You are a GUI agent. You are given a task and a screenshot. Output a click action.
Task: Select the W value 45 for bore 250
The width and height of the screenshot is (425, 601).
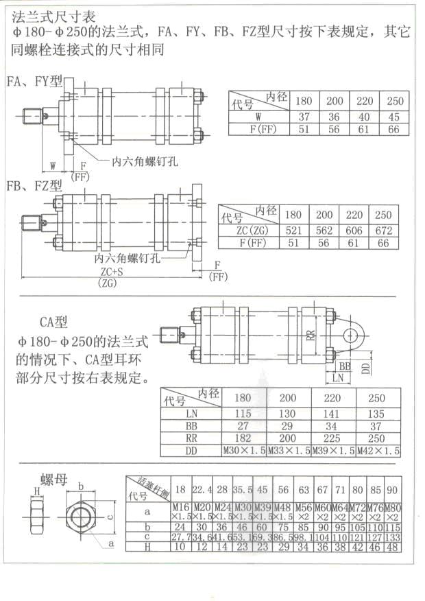(x=393, y=117)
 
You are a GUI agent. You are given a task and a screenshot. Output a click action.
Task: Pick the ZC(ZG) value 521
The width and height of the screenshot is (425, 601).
(x=293, y=231)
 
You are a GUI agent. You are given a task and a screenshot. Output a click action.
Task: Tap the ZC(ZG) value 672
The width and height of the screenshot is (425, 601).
(x=384, y=231)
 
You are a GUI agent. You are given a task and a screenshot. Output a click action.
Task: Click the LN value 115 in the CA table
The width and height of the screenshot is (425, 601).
(x=243, y=413)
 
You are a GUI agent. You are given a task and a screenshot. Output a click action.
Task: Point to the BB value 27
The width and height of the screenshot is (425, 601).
(x=243, y=425)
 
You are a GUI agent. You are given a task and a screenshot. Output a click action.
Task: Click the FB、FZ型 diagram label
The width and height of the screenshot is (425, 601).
(x=34, y=186)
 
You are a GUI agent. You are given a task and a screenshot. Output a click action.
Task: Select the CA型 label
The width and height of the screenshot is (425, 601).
(x=56, y=321)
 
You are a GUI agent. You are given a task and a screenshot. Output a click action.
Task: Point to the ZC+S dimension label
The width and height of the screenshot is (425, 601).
(x=106, y=272)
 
